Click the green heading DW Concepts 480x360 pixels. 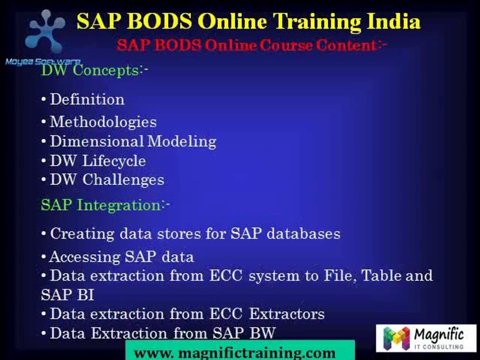pyautogui.click(x=93, y=70)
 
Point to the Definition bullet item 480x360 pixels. pyautogui.click(x=87, y=99)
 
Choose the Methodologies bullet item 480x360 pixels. pyautogui.click(x=103, y=122)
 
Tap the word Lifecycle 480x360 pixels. pyautogui.click(x=120, y=161)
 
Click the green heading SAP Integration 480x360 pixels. pyautogui.click(x=104, y=205)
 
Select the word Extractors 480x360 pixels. pyautogui.click(x=287, y=314)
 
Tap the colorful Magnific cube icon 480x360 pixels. pyautogui.click(x=396, y=337)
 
